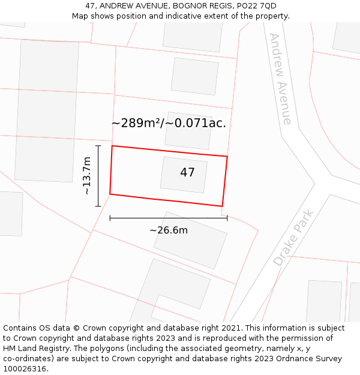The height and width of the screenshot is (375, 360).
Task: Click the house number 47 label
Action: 187,173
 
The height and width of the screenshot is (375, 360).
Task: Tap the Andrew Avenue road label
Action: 280,79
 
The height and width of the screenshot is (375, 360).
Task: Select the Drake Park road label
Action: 294,238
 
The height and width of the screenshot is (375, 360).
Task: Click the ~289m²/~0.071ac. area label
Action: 169,123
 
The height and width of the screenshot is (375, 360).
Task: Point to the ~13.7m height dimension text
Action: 86,176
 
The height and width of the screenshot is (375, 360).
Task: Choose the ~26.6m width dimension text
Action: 169,230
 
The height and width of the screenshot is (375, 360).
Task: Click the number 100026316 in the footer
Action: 25,368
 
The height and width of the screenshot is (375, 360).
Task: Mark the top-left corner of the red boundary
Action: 112,146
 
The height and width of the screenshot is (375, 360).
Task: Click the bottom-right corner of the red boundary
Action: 223,206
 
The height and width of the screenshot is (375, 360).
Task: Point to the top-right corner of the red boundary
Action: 227,157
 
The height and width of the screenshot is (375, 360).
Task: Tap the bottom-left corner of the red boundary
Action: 110,194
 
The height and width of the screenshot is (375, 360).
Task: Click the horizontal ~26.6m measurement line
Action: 169,218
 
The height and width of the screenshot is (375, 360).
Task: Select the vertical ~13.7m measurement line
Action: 98,176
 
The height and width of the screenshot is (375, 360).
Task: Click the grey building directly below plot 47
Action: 190,240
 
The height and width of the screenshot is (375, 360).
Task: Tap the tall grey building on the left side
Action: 47,111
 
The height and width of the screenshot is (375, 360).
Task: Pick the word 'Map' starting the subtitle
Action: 80,16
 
